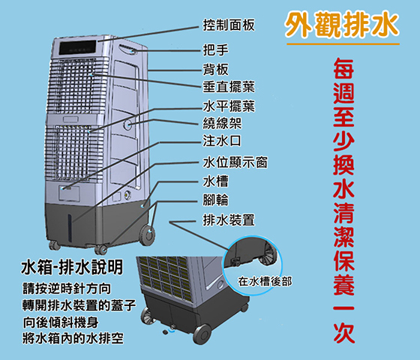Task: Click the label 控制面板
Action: [229, 25]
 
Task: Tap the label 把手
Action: [216, 49]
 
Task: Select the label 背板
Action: [216, 69]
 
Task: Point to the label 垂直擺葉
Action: [229, 87]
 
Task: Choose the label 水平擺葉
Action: [229, 106]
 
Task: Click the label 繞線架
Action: [222, 123]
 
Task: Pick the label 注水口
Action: [222, 141]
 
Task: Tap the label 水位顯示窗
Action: [235, 162]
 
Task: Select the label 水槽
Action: [216, 181]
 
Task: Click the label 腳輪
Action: [216, 200]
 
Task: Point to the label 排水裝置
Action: [229, 220]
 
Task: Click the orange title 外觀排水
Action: [342, 24]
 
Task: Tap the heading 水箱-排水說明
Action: [72, 267]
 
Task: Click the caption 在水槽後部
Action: [265, 282]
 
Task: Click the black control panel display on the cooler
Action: [78, 48]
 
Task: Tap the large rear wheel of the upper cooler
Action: [148, 235]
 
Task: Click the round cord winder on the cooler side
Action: [127, 124]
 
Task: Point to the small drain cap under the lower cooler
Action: [165, 332]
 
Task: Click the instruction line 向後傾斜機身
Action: [61, 322]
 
